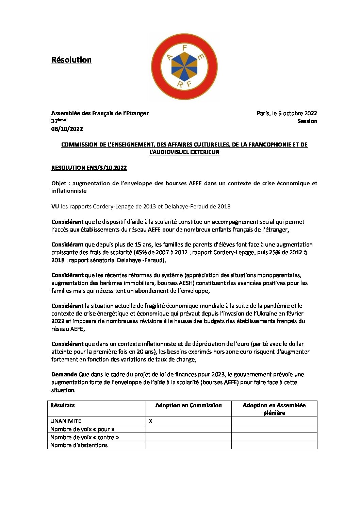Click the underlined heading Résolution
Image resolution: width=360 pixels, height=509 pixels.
click(x=71, y=60)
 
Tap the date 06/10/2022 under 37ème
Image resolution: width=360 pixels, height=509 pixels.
click(x=67, y=129)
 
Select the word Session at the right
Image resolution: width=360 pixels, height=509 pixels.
click(x=307, y=121)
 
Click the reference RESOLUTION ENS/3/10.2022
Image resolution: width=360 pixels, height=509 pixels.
click(x=89, y=168)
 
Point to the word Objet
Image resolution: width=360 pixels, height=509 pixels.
click(x=59, y=183)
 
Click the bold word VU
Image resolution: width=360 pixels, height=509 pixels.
click(x=55, y=206)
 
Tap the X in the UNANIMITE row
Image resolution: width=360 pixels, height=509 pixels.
click(x=151, y=421)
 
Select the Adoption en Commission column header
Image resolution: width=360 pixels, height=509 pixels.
click(x=189, y=405)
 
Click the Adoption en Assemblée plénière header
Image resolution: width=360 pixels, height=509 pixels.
click(x=274, y=409)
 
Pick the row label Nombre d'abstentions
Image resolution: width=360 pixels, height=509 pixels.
click(x=79, y=445)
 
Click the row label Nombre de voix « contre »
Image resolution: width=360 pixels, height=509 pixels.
click(x=85, y=437)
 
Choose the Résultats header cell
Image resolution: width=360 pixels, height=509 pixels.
click(x=63, y=405)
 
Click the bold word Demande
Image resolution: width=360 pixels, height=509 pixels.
click(x=64, y=374)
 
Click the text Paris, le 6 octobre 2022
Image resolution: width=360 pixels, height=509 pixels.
click(x=287, y=113)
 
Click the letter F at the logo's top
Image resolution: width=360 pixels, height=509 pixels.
click(x=185, y=48)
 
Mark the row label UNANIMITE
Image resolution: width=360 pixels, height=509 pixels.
click(x=66, y=421)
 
